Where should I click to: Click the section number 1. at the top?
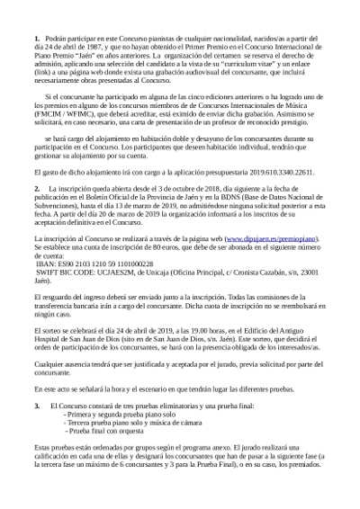pyautogui.click(x=36, y=41)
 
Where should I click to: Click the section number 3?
pyautogui.click(x=36, y=406)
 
